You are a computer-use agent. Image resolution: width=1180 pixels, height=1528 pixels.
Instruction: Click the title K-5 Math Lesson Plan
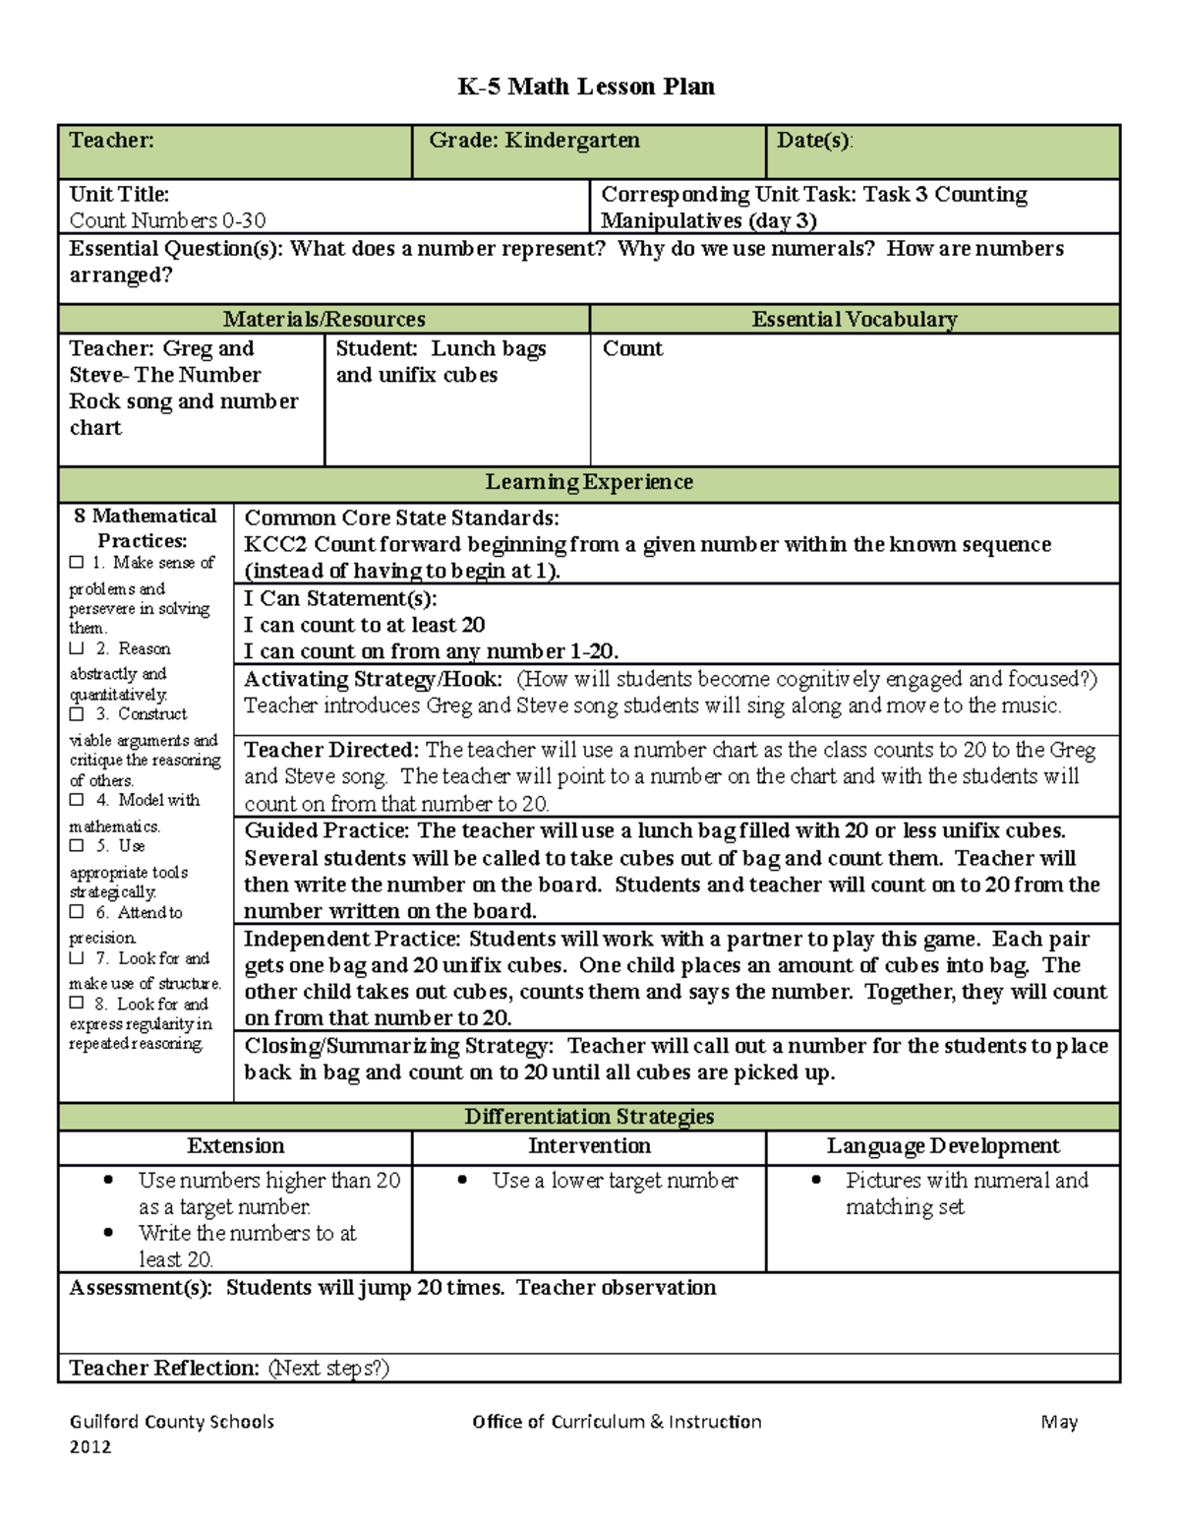pos(586,87)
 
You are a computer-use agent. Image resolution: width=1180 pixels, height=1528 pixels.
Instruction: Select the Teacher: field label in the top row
pos(111,141)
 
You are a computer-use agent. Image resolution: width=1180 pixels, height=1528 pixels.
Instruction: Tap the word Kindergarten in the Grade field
pos(572,141)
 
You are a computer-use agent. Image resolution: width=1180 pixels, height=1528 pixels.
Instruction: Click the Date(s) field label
pos(814,141)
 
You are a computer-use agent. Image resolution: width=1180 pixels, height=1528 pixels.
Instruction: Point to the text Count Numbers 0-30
pos(167,221)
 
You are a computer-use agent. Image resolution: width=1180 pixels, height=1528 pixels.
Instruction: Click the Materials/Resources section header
pos(324,320)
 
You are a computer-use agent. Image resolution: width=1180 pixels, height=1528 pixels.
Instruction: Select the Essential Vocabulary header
pos(854,320)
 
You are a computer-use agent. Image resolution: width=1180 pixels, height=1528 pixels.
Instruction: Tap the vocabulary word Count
pos(632,349)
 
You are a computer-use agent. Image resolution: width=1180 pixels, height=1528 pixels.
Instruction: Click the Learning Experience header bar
pos(588,482)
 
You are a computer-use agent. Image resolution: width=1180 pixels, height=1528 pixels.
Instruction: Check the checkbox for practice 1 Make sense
pos(77,563)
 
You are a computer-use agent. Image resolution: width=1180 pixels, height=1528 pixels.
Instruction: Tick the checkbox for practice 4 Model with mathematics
pos(77,801)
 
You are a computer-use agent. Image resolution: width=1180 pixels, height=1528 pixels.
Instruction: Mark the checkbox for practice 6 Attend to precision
pos(77,913)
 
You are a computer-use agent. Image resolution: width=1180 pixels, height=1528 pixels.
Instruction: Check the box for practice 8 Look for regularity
pos(77,1004)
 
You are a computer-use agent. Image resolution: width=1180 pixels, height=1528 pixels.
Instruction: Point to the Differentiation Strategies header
pos(588,1117)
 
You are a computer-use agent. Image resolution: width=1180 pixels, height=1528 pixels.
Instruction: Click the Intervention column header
pos(589,1146)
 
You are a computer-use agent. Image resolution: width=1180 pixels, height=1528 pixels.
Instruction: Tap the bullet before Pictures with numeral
pos(816,1180)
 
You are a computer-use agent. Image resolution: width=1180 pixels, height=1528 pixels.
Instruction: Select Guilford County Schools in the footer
pos(171,1422)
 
